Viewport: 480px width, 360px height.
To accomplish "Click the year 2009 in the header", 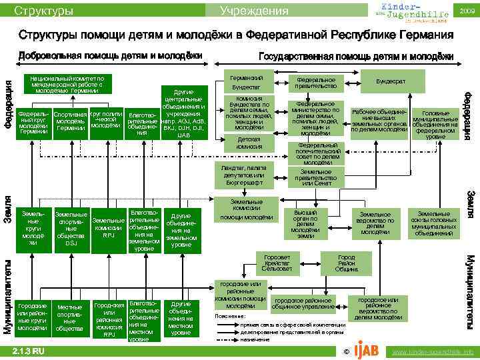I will click(467, 11).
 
